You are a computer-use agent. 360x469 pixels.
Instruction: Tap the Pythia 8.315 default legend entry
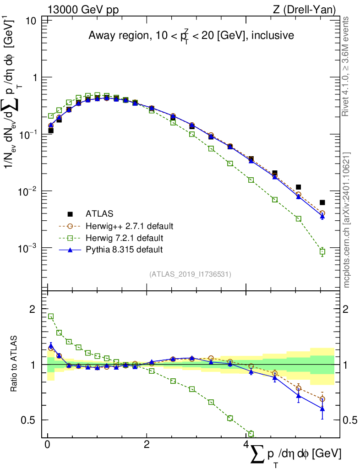[x=124, y=250]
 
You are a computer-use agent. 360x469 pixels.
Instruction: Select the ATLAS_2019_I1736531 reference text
[x=190, y=274]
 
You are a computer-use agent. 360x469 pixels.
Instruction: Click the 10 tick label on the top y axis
[x=31, y=21]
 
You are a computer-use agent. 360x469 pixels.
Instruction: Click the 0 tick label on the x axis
[x=47, y=445]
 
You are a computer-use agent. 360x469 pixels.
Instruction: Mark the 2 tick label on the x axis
[x=146, y=445]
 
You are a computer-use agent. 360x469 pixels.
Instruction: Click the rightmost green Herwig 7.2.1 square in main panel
[x=322, y=251]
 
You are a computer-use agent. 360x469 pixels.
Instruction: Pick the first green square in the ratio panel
[x=51, y=316]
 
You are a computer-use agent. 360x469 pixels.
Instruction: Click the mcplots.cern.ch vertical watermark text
[x=347, y=220]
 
